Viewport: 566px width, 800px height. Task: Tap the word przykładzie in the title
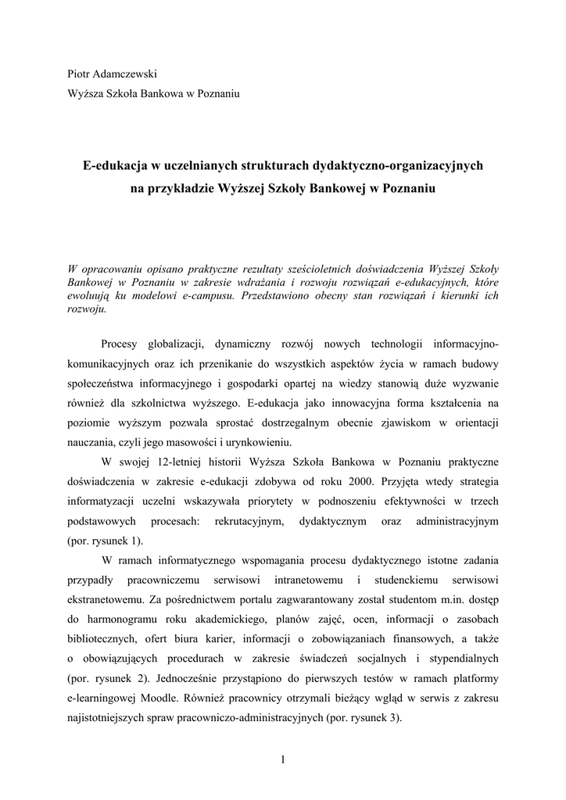[182, 189]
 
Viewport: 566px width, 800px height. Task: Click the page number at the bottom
[283, 759]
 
